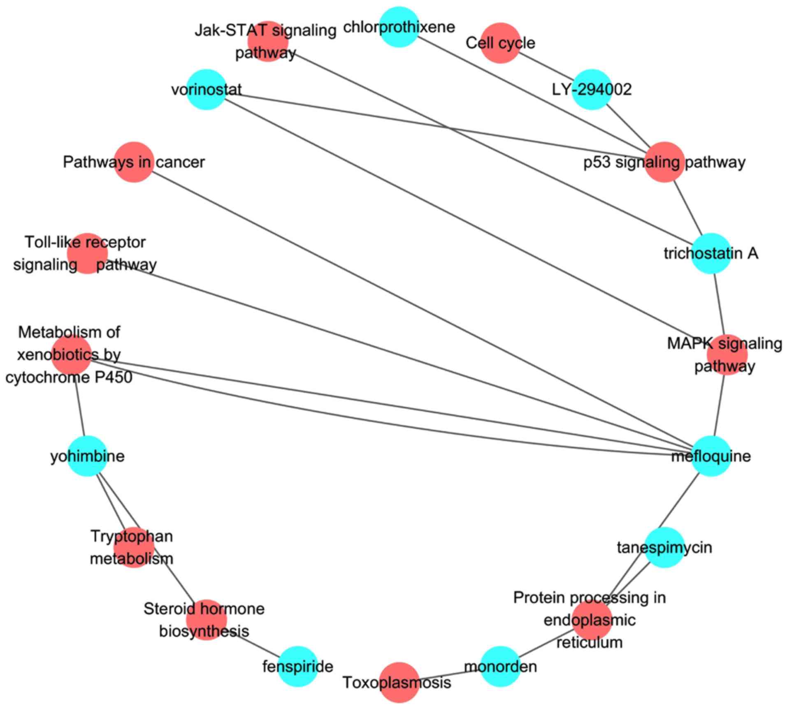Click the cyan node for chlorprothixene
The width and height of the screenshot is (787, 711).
pyautogui.click(x=399, y=27)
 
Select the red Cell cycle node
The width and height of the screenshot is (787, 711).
pyautogui.click(x=500, y=43)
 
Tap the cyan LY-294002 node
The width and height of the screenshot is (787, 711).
pyautogui.click(x=592, y=89)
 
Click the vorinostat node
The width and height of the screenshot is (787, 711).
pyautogui.click(x=207, y=89)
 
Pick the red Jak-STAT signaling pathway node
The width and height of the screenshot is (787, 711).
pyautogui.click(x=268, y=41)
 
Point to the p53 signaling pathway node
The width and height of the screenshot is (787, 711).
pyautogui.click(x=664, y=162)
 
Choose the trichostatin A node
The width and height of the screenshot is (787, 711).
pyautogui.click(x=711, y=253)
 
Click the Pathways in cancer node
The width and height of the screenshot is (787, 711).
pyautogui.click(x=134, y=162)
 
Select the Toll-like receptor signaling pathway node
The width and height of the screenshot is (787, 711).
pyautogui.click(x=87, y=253)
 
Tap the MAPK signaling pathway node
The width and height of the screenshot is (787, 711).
pyautogui.click(x=727, y=354)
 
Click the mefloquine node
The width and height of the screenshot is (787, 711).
pyautogui.click(x=711, y=456)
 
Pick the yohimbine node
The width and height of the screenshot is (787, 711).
pyautogui.click(x=87, y=456)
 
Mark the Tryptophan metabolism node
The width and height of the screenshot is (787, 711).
pyautogui.click(x=134, y=547)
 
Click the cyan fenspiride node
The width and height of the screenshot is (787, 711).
pyautogui.click(x=298, y=666)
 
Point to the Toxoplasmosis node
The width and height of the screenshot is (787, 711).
pyautogui.click(x=399, y=683)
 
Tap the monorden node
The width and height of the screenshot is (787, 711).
pyautogui.click(x=500, y=666)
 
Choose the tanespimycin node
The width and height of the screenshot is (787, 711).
pyautogui.click(x=664, y=547)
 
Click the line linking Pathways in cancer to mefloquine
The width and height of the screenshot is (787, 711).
pyautogui.click(x=422, y=309)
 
